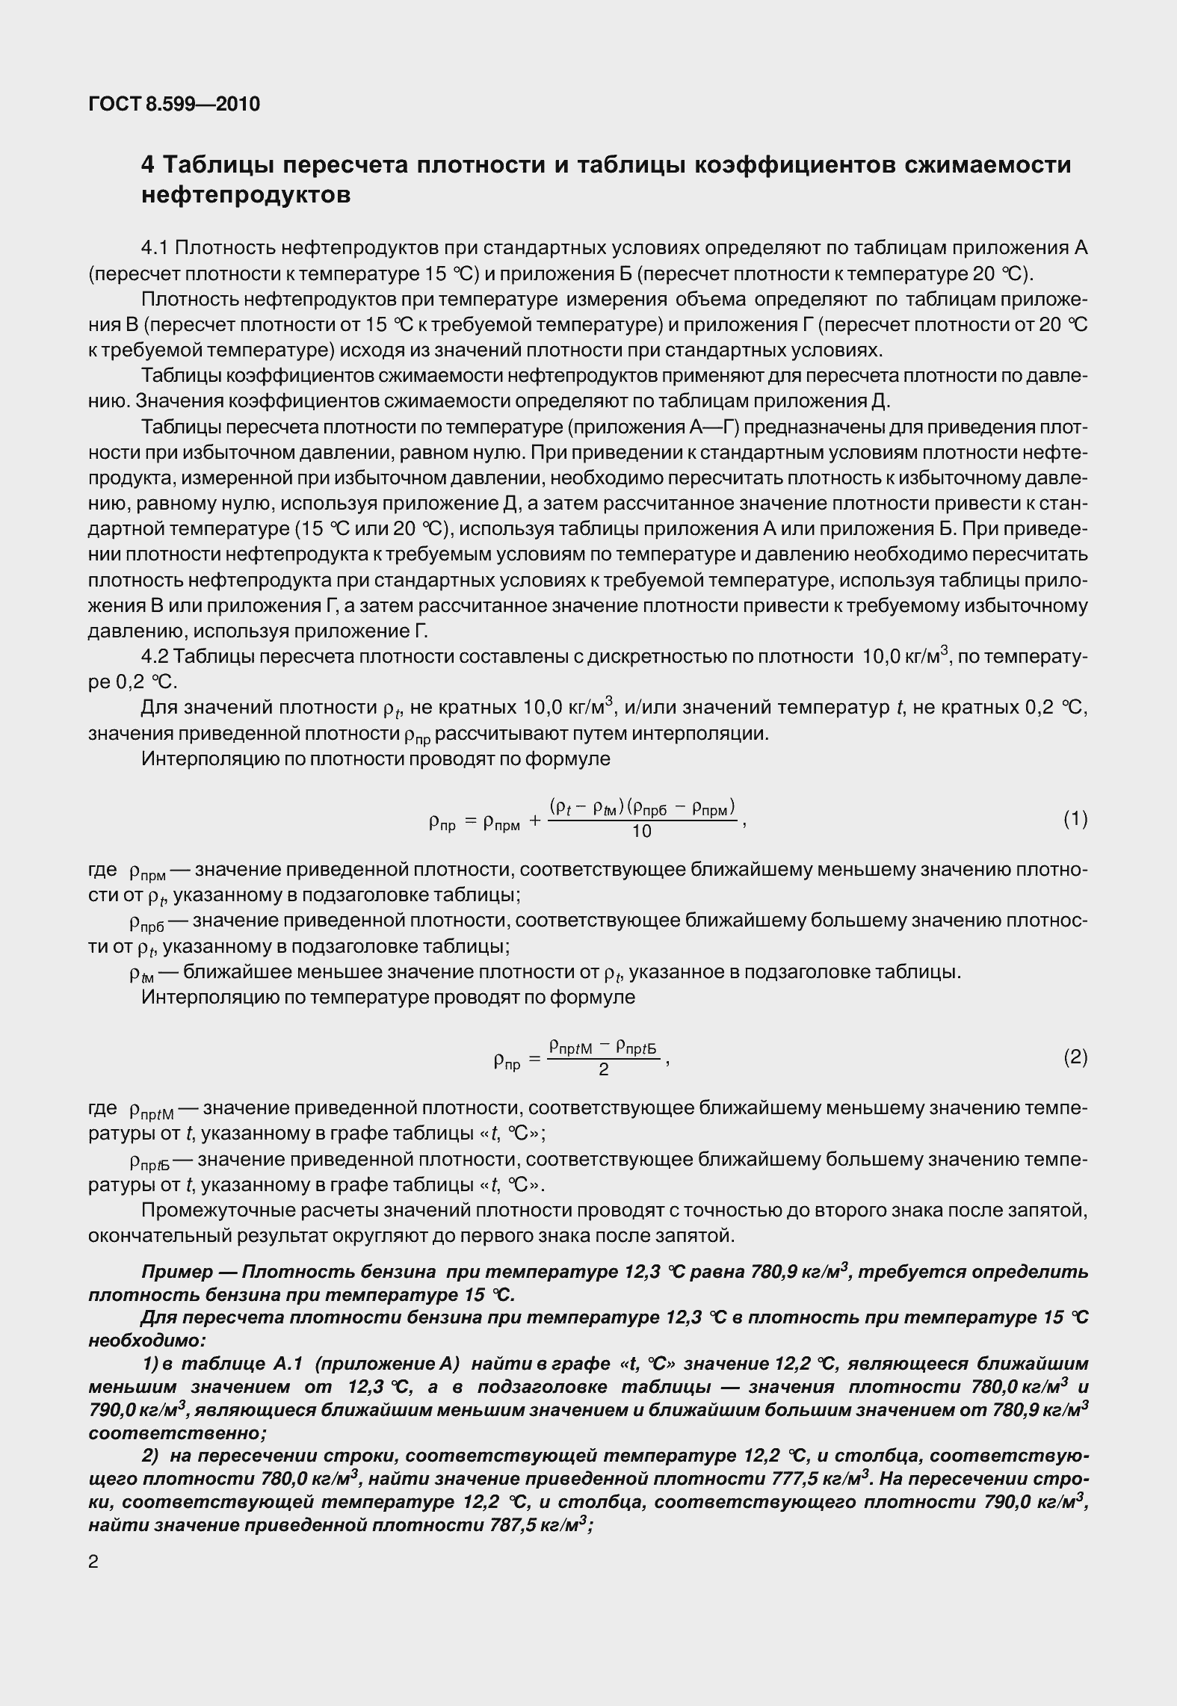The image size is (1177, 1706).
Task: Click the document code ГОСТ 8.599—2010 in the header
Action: (x=174, y=104)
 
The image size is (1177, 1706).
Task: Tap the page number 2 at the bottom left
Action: (x=93, y=1562)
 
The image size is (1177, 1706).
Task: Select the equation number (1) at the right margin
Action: (x=1075, y=820)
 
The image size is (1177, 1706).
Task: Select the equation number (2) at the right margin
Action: (x=1075, y=1057)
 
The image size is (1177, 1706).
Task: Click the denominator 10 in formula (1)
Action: (x=641, y=832)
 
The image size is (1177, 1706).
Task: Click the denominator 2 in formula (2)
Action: (x=604, y=1069)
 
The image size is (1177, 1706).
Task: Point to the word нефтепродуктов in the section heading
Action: (x=246, y=196)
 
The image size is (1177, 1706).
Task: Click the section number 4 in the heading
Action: (x=148, y=164)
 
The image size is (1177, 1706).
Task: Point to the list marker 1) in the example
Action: (x=149, y=1364)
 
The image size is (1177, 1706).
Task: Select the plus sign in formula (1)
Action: (x=535, y=820)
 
